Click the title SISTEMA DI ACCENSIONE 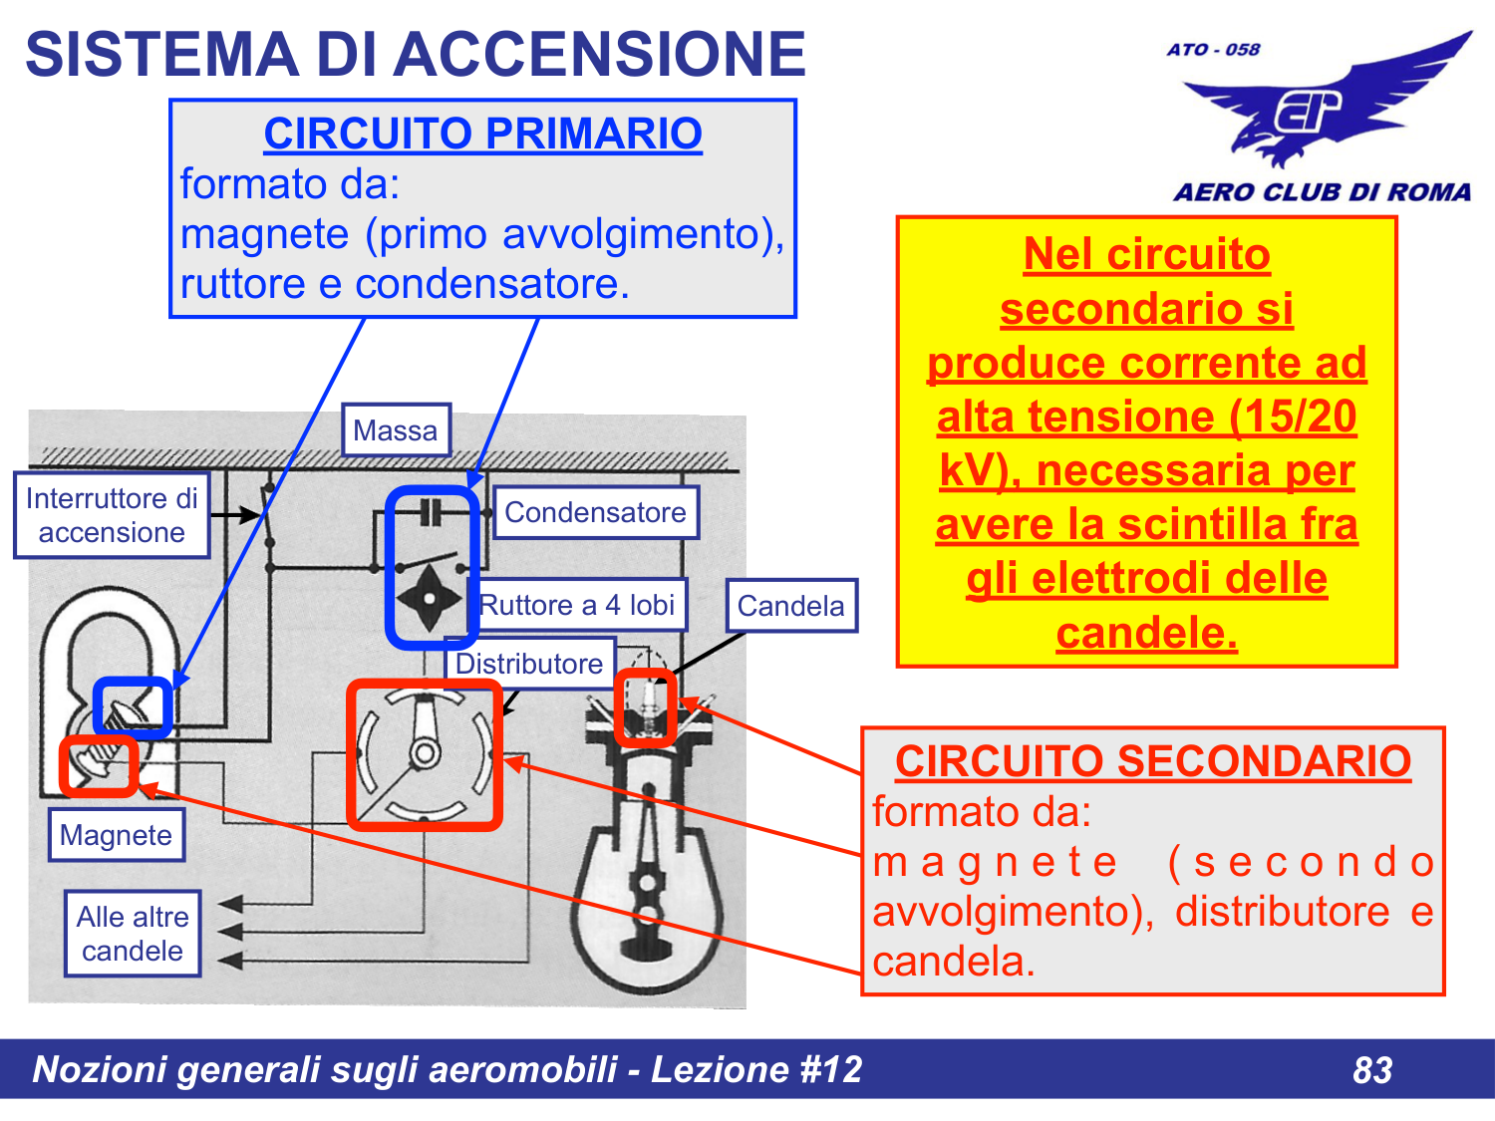(x=415, y=54)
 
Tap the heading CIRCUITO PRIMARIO (x=482, y=134)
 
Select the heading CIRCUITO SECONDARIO (x=1152, y=761)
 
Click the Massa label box (x=396, y=430)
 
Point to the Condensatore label (x=595, y=512)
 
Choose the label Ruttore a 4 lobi (x=578, y=605)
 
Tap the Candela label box (x=790, y=606)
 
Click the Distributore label (x=529, y=664)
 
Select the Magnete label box (x=116, y=835)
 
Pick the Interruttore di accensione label (x=112, y=515)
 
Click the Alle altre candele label (x=133, y=934)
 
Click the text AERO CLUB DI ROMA (x=1322, y=192)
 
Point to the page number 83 (x=1372, y=1070)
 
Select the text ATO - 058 (x=1213, y=50)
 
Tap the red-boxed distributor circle (x=425, y=754)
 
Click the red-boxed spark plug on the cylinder (x=646, y=707)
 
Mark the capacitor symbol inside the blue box (x=430, y=513)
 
